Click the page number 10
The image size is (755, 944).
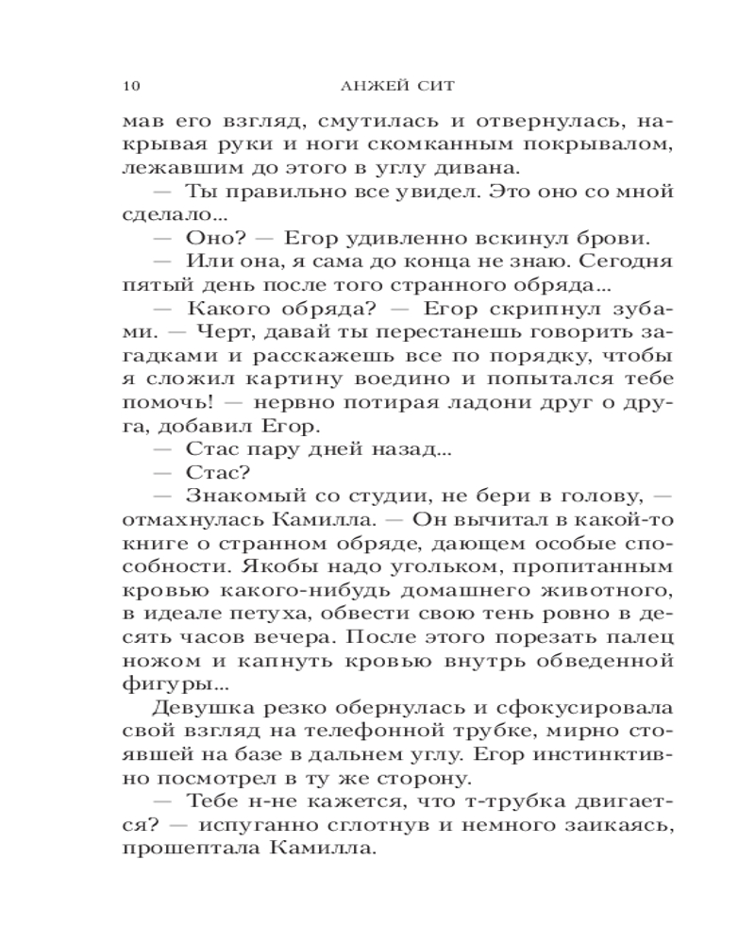pos(131,87)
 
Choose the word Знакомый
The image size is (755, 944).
pos(240,495)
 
